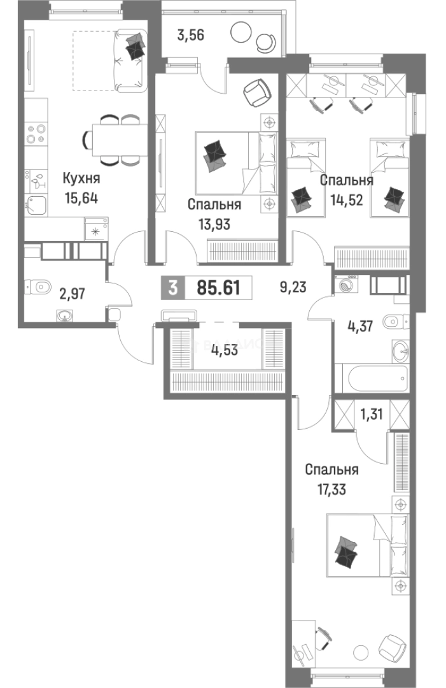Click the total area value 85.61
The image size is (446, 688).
pos(219,288)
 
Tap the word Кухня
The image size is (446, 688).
pos(81,178)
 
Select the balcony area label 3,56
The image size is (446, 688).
pos(191,35)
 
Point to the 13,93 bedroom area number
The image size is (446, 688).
pos(214,225)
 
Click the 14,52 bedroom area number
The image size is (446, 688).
pos(346,200)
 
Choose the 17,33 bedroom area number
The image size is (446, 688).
pos(331,489)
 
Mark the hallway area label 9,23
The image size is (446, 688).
pos(293,287)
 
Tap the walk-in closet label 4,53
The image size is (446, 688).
pos(225,350)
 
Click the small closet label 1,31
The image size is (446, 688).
pos(371,414)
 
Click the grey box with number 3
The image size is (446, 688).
pos(173,288)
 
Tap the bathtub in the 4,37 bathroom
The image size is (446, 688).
pos(372,377)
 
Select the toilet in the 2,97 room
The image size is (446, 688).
pos(39,288)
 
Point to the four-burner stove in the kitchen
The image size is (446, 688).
pos(36,134)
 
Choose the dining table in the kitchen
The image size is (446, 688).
pos(120,140)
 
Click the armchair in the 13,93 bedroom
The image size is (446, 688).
pos(257,93)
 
